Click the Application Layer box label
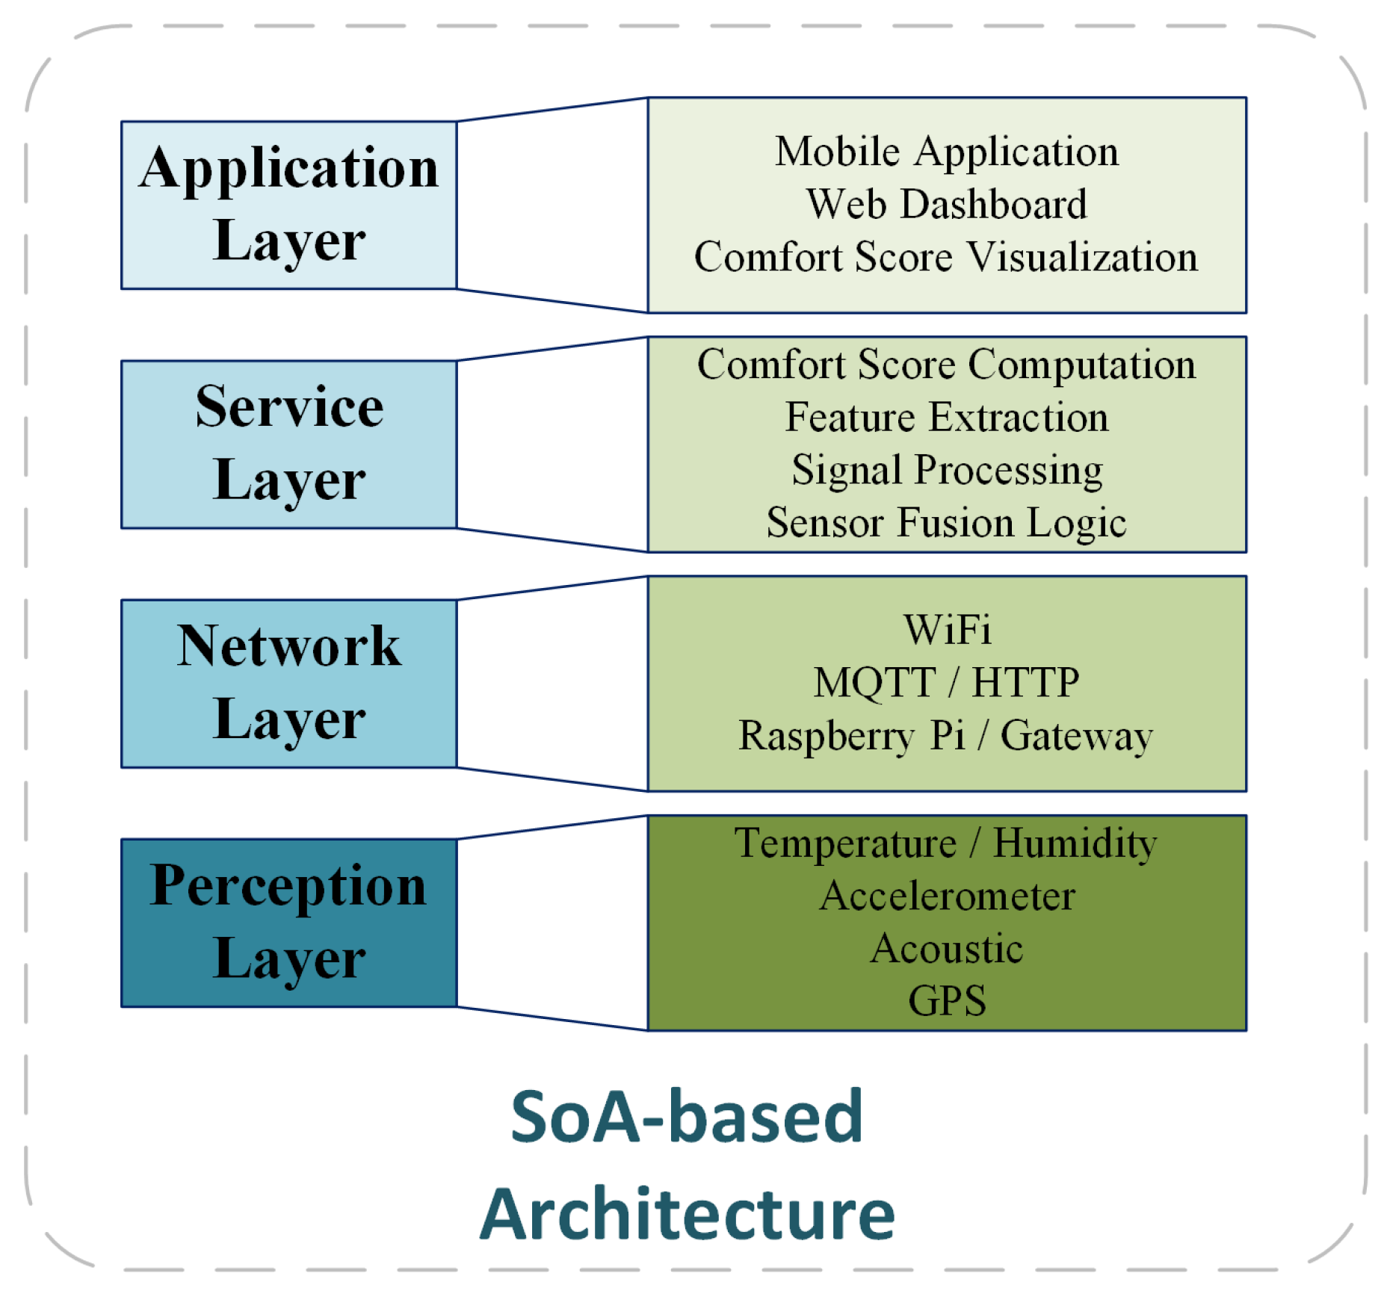point(288,205)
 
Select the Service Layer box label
point(288,444)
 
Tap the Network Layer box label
point(288,683)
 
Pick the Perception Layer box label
point(288,923)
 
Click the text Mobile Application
point(946,152)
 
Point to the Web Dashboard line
point(946,204)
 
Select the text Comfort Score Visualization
point(946,257)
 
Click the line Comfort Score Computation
point(946,365)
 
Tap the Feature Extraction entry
point(946,417)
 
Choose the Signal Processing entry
point(946,470)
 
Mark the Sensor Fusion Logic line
point(946,522)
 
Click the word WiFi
point(946,630)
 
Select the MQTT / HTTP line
point(946,682)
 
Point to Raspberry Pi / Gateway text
point(946,735)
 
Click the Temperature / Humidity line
point(946,843)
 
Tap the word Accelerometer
point(946,896)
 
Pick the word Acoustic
point(946,948)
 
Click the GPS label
point(946,1000)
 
